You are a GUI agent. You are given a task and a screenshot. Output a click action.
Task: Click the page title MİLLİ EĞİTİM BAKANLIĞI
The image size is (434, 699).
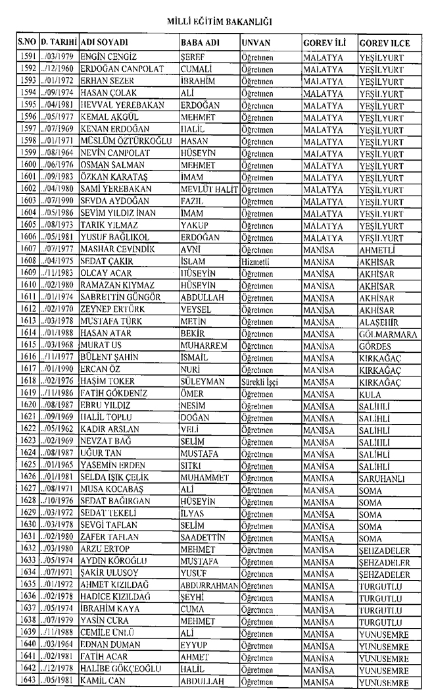(217, 22)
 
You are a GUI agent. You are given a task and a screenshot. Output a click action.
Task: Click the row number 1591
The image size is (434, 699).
(28, 57)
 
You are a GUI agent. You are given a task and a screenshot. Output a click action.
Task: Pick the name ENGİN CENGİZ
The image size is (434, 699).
(107, 57)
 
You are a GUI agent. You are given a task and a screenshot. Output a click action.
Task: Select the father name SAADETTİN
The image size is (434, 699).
(203, 537)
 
